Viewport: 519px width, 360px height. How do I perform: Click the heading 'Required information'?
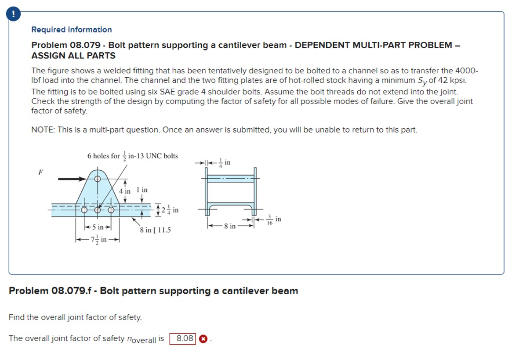[71, 30]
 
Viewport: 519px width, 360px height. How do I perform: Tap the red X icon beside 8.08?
[203, 339]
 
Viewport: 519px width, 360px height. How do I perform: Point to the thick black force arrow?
[73, 179]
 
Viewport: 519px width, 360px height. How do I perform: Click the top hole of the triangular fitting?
[98, 179]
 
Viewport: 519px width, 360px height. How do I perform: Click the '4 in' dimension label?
[125, 191]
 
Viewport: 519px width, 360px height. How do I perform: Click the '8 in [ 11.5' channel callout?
[155, 230]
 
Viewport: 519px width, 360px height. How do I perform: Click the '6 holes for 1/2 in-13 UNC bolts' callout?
[133, 156]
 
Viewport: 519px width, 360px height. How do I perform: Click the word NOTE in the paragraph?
[42, 130]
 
